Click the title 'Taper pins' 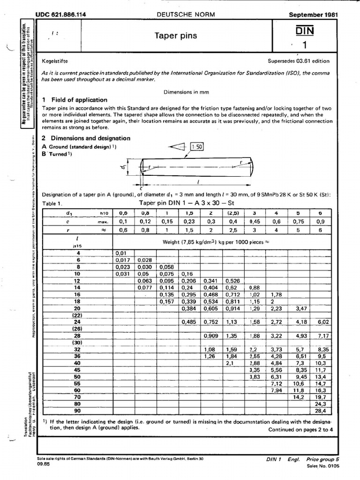[x=176, y=36]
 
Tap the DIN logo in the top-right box [x=305, y=30]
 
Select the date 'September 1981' [x=313, y=15]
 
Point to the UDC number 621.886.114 [x=60, y=15]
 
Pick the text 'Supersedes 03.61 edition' [x=299, y=61]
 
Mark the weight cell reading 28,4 [x=320, y=411]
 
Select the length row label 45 [x=77, y=370]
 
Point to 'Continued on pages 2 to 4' [x=300, y=429]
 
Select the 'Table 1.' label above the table [x=52, y=203]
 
